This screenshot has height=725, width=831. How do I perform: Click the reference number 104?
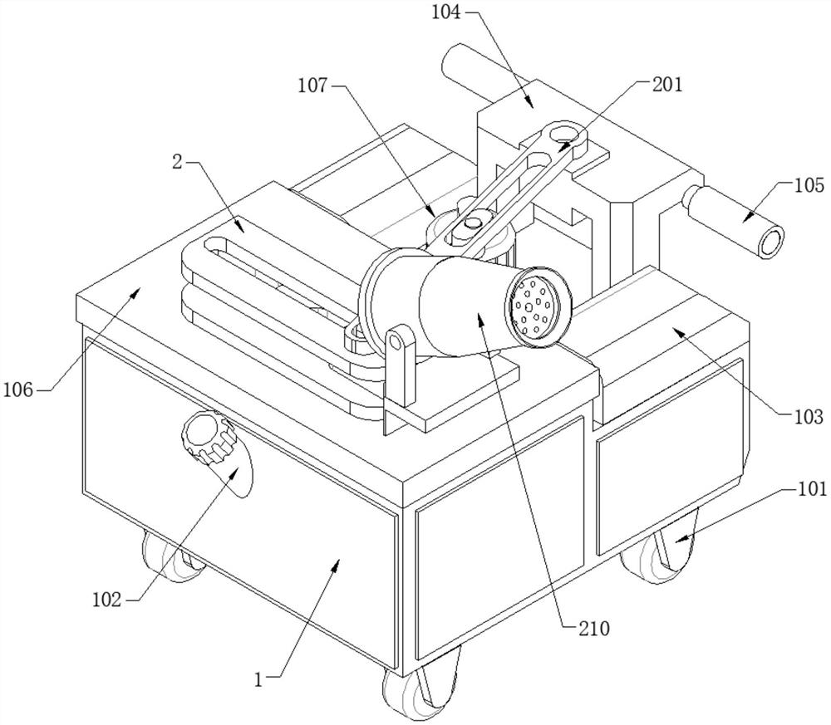(x=446, y=12)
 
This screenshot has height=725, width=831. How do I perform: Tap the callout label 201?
(x=667, y=84)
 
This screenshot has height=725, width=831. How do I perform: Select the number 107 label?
(x=312, y=86)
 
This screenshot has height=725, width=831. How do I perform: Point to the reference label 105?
(x=809, y=185)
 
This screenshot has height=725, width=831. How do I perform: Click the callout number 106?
(x=18, y=391)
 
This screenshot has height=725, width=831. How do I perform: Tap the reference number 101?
(x=811, y=489)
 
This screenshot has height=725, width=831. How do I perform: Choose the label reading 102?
(x=107, y=600)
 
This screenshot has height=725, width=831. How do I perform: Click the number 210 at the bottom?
(x=593, y=629)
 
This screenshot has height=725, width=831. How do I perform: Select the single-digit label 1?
(x=258, y=680)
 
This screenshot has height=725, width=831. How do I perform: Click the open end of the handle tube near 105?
(x=770, y=242)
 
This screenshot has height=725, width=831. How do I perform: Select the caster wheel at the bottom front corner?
(x=422, y=685)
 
